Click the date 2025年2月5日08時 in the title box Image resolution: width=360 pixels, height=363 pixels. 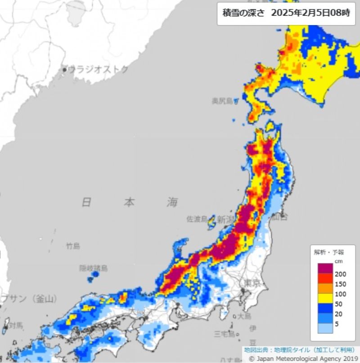[x=310, y=13]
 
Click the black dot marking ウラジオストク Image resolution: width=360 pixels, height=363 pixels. [x=64, y=70]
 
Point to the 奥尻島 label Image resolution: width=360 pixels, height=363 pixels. [x=223, y=101]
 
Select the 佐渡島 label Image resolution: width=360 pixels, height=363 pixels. [x=197, y=219]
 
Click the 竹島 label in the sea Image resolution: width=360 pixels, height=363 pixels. [x=73, y=246]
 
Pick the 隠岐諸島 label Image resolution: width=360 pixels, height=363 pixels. [x=94, y=268]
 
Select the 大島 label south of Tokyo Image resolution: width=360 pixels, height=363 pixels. [x=245, y=316]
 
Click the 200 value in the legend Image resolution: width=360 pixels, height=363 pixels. [x=340, y=273]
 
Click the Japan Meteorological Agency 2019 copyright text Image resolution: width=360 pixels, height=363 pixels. [x=301, y=359]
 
